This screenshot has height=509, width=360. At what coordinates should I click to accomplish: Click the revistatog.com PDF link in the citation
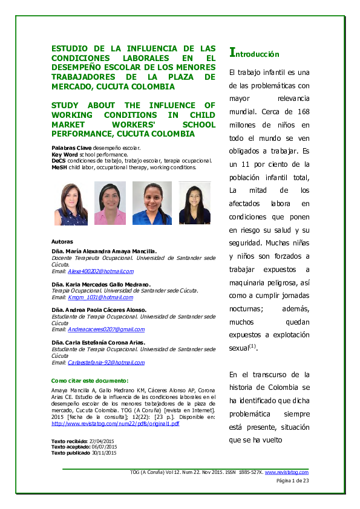tap(116, 424)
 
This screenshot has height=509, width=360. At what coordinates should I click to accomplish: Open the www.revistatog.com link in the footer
tap(286, 472)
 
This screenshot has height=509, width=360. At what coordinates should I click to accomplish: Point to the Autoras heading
tap(63, 241)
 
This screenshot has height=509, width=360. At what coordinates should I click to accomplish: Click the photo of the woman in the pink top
tap(110, 203)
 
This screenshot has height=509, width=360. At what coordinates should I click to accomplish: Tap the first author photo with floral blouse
tap(71, 203)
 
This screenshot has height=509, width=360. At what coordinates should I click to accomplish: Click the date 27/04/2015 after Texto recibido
tap(102, 441)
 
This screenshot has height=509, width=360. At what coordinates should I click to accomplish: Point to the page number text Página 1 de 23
tap(292, 481)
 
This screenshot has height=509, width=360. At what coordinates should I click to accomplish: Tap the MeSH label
tap(59, 167)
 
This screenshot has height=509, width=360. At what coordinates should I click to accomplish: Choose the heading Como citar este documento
tap(90, 381)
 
